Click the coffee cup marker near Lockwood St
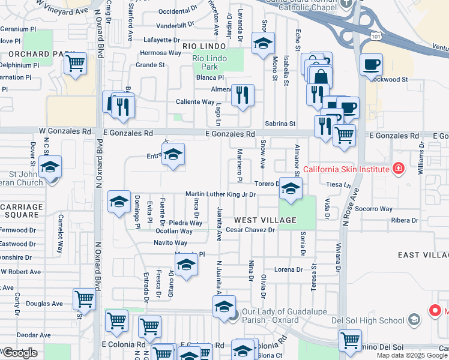coord(371,64)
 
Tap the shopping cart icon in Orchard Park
coord(76,63)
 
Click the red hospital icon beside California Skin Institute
coord(397,169)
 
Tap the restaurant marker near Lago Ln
coord(243,95)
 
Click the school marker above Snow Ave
coord(262,43)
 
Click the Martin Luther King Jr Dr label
coord(220,194)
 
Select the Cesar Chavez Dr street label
coord(250,230)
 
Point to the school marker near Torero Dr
coord(290,189)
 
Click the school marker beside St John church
coord(50,166)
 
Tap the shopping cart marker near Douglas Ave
coord(84,298)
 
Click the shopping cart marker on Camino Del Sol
coord(349,340)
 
